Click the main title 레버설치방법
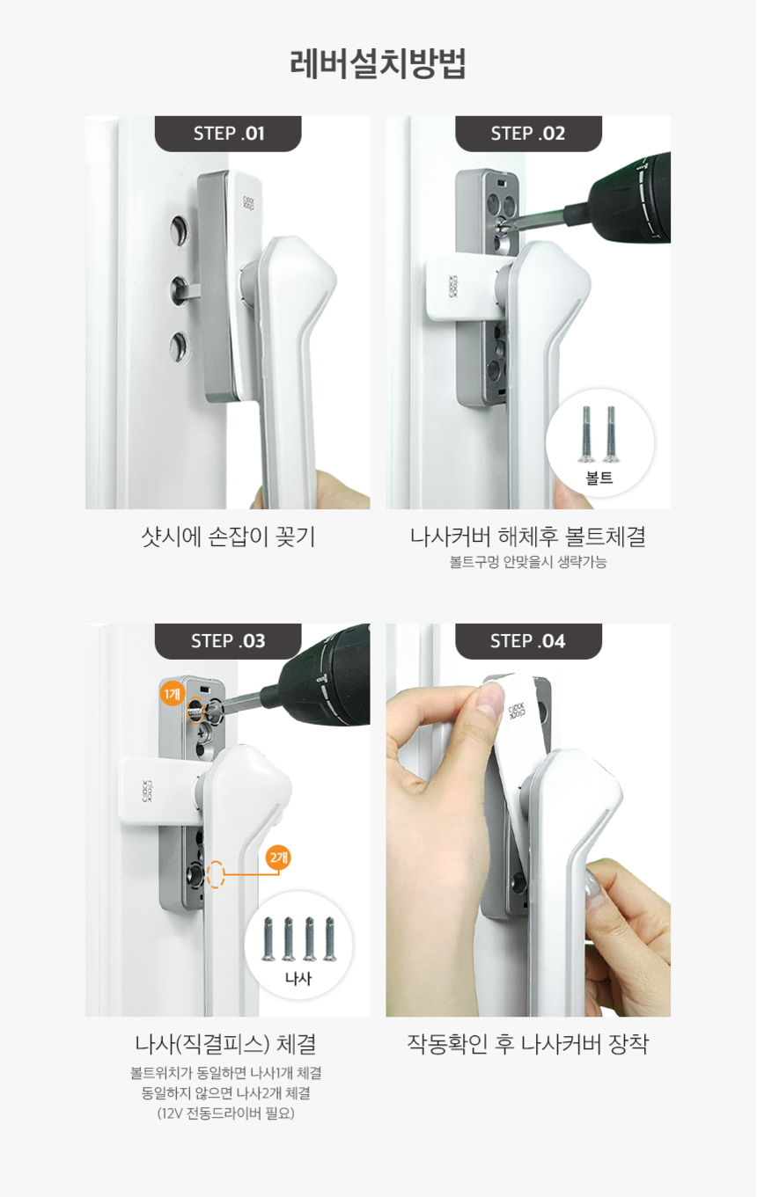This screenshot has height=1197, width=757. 378,64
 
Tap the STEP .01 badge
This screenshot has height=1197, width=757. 228,134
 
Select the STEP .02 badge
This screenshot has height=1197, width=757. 528,134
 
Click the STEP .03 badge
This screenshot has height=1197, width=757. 228,641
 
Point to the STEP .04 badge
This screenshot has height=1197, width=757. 528,641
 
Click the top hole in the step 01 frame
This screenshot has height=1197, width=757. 179,231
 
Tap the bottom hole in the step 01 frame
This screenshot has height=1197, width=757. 179,346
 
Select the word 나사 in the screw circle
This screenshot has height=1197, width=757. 298,979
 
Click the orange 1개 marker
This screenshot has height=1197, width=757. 172,694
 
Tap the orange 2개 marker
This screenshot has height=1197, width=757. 278,857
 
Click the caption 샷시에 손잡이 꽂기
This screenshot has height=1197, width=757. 227,536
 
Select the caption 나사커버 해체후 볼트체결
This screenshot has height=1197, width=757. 528,536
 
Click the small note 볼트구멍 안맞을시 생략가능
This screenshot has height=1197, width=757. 528,562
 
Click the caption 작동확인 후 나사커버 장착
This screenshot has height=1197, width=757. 527,1044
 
